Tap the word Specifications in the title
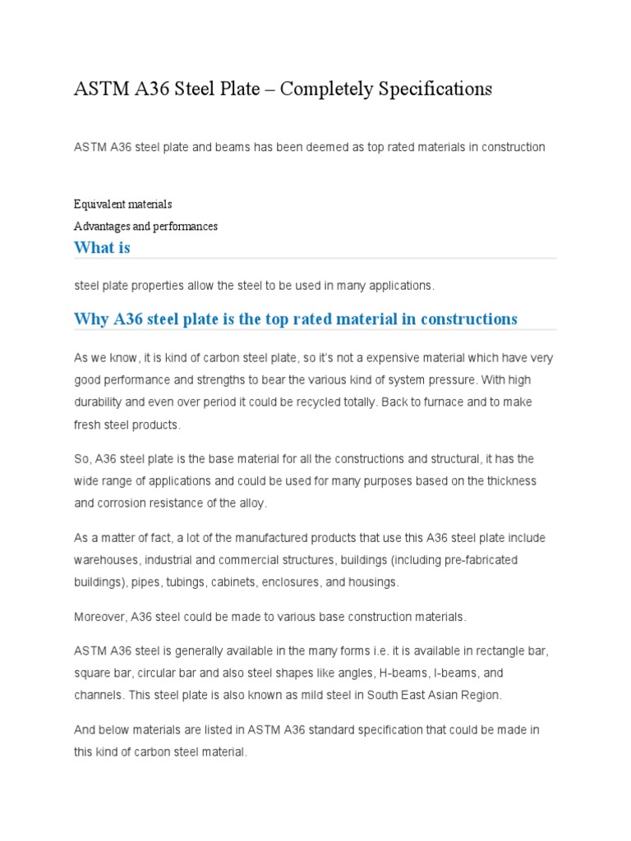[x=435, y=89]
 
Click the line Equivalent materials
[x=123, y=204]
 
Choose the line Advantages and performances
[x=145, y=226]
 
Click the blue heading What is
[x=102, y=247]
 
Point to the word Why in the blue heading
[x=90, y=319]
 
